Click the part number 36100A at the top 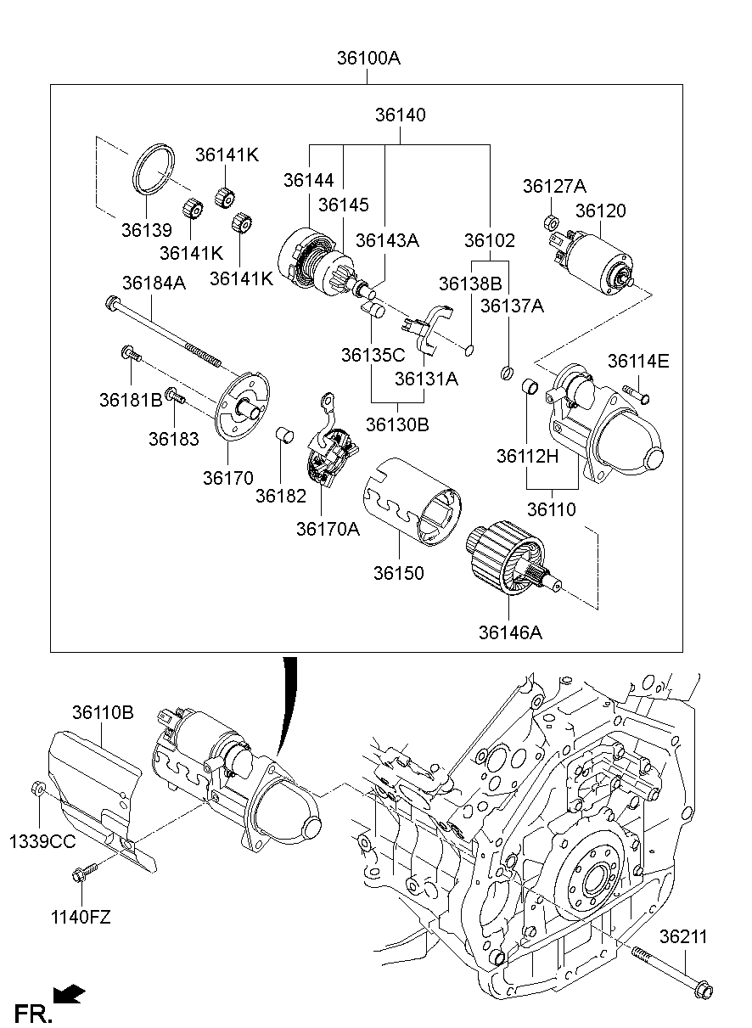click(x=368, y=59)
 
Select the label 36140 click(x=401, y=115)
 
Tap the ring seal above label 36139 click(x=154, y=171)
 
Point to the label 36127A click(x=554, y=187)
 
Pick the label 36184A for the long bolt click(x=154, y=283)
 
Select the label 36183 click(x=173, y=439)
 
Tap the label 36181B click(x=130, y=399)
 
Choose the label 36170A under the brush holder click(x=328, y=529)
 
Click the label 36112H click(x=527, y=457)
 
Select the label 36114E click(x=638, y=362)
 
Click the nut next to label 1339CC click(x=37, y=789)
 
